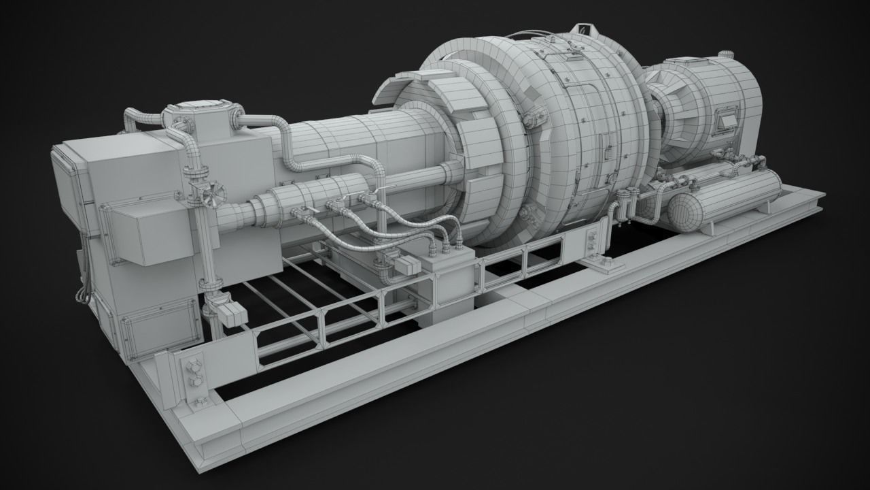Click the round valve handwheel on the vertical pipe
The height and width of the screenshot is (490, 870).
click(213, 195)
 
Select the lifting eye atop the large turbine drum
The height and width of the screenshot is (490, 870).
click(582, 29)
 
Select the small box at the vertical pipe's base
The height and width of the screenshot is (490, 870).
click(231, 312)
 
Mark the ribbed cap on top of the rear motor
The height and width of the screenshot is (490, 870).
click(727, 55)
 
